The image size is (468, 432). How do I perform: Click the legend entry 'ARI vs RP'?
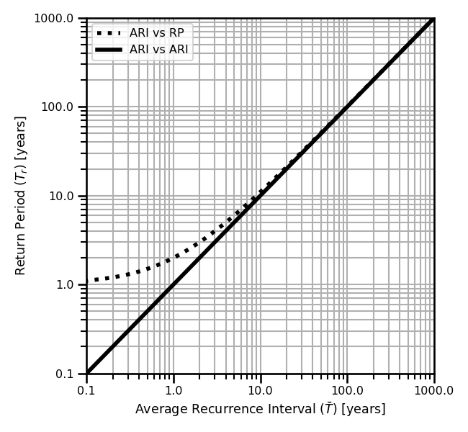pos(156,33)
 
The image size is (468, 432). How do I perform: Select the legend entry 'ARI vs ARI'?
pos(159,49)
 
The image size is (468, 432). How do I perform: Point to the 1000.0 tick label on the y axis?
pos(54,18)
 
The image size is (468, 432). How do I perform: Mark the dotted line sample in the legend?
pos(109,33)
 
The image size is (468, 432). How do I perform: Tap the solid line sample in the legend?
pos(109,49)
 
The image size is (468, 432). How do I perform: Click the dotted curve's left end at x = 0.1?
pos(87,281)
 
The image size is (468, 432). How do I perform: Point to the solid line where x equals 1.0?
pos(174,285)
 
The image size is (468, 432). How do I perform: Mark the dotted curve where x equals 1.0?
pos(174,258)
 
